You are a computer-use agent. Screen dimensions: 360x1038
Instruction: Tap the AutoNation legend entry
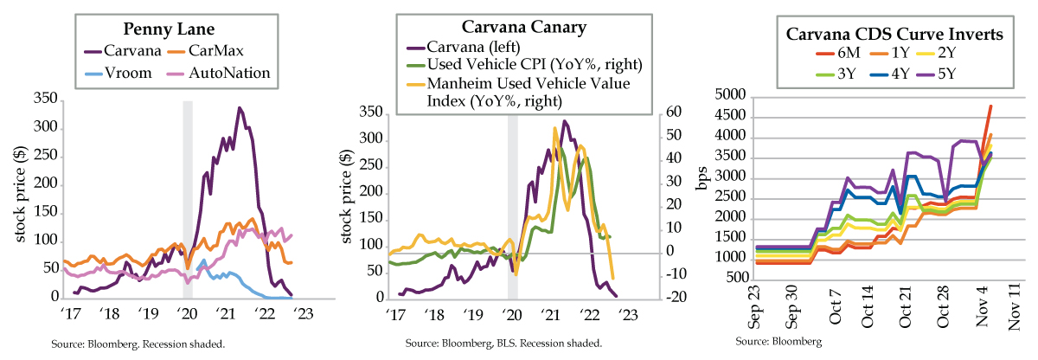(233, 74)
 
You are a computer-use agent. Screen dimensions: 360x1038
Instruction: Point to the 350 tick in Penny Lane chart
(44, 100)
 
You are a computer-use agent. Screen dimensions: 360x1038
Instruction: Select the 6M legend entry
(831, 56)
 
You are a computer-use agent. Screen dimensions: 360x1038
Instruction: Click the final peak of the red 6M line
(990, 106)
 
